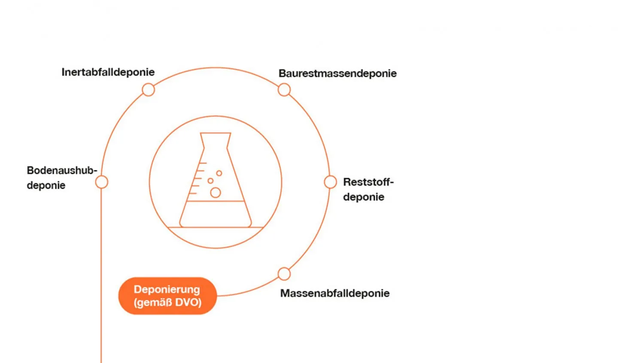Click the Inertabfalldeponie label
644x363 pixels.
108,72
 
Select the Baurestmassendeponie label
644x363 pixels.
337,73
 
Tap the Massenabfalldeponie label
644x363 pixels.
335,293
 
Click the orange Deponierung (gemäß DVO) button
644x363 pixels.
167,296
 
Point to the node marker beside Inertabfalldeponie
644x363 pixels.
149,90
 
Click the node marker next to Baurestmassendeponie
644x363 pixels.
284,90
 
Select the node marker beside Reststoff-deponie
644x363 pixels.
330,182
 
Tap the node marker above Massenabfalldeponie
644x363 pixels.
284,274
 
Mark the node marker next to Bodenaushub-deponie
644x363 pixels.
101,182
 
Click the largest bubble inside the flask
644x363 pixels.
216,193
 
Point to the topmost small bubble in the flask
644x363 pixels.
219,173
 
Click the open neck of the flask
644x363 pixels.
216,133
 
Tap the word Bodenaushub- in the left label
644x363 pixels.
62,170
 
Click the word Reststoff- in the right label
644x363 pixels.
368,182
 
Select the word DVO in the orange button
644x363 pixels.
188,302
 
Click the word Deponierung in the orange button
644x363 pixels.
167,290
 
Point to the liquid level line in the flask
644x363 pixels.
216,201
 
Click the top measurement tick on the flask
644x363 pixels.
203,163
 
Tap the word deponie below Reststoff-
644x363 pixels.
364,197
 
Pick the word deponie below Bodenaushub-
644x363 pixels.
46,185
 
